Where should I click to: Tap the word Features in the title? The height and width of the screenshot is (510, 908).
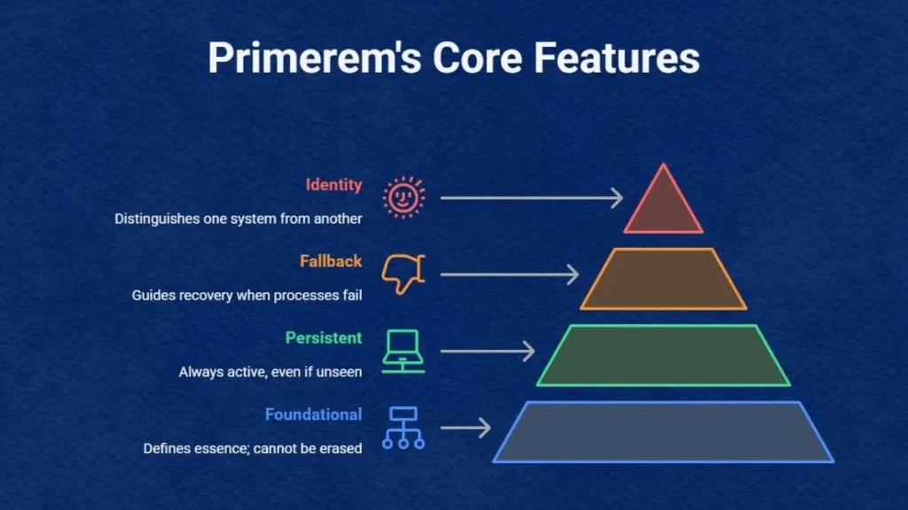tap(616, 58)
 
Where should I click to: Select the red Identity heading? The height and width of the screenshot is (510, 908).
tap(334, 185)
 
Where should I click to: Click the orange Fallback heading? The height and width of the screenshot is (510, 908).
tap(331, 261)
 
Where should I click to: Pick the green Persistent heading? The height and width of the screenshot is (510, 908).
tap(324, 337)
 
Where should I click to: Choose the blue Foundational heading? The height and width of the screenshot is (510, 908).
tap(313, 414)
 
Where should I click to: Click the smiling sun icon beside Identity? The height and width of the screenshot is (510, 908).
tap(403, 197)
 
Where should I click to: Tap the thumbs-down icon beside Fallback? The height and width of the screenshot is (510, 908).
tap(403, 274)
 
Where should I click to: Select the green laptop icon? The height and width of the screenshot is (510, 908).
tap(403, 352)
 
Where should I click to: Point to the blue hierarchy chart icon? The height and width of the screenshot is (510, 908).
tap(403, 428)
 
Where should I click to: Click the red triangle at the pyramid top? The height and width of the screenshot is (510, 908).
tap(663, 204)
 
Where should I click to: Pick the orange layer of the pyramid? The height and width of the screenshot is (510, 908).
tap(663, 279)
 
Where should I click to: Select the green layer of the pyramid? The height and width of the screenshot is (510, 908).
tap(663, 356)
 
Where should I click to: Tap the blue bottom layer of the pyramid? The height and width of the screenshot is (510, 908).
tap(663, 432)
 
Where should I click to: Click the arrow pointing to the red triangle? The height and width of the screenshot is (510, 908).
tap(532, 197)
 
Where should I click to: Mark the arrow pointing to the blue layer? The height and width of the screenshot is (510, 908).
tap(466, 428)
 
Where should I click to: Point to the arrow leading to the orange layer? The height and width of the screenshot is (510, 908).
tap(510, 274)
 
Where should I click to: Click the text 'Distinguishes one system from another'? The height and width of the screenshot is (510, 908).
tap(238, 220)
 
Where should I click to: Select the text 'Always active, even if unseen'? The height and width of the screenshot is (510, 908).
tap(270, 372)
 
